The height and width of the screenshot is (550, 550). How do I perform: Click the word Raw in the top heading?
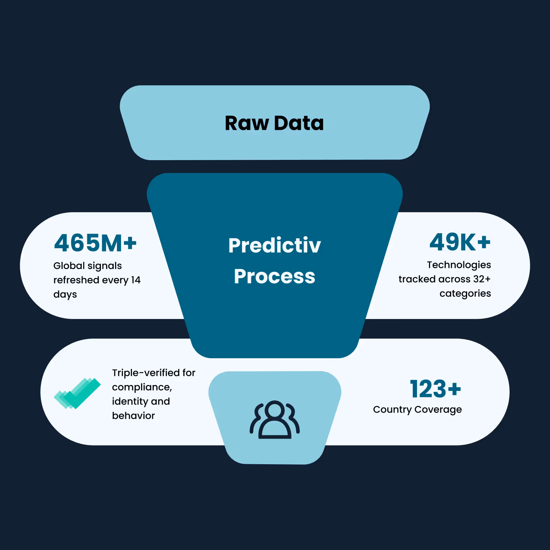[247, 123]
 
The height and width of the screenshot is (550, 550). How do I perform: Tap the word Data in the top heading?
[299, 123]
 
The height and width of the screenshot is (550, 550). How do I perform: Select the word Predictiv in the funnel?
[275, 245]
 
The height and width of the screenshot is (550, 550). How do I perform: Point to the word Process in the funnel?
[275, 276]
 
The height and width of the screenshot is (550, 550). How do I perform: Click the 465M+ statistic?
[95, 243]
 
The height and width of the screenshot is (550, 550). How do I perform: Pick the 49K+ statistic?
[460, 242]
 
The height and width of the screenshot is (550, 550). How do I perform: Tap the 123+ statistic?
[435, 389]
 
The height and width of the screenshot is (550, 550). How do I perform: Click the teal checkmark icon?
[77, 393]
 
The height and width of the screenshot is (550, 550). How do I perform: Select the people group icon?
[275, 420]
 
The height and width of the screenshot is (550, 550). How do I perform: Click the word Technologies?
[459, 265]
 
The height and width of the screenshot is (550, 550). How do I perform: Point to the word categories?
[465, 294]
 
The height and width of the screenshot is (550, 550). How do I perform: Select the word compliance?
[142, 387]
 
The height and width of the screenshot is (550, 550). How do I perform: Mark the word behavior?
[133, 415]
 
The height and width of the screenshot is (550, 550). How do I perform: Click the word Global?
[69, 265]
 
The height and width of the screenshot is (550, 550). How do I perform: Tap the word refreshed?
[76, 280]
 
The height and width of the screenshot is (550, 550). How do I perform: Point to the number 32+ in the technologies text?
[482, 279]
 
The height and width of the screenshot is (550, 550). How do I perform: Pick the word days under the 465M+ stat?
[65, 294]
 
